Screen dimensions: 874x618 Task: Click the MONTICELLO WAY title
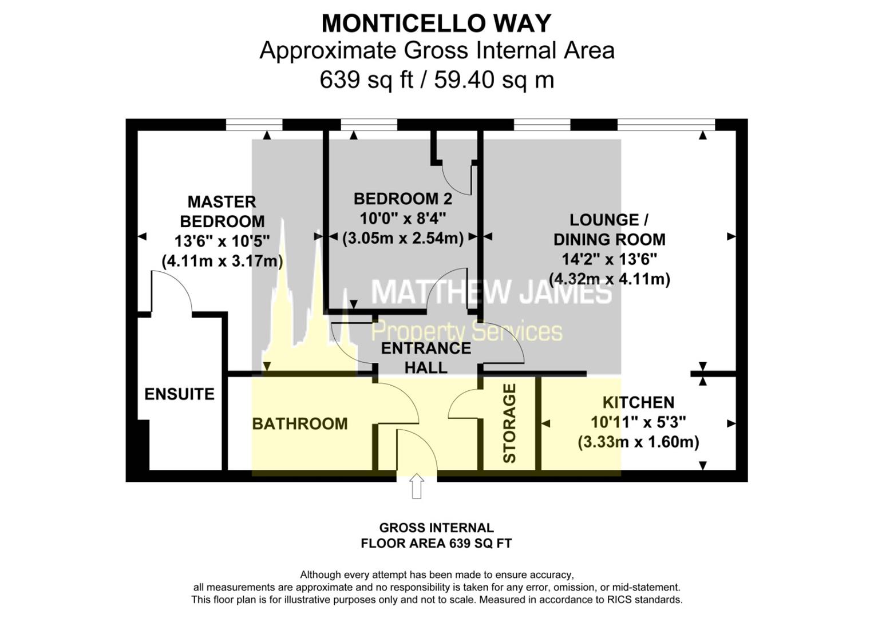[436, 23]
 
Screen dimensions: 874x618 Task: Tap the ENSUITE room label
[180, 394]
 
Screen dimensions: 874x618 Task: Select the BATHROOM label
[300, 423]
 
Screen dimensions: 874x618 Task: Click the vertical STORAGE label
[509, 423]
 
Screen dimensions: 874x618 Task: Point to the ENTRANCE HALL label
[426, 358]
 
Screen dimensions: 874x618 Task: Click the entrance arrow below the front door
[417, 486]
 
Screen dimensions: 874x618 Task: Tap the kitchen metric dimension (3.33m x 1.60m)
[638, 442]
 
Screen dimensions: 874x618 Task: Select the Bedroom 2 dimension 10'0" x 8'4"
[403, 219]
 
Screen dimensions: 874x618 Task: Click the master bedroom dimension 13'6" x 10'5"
[222, 241]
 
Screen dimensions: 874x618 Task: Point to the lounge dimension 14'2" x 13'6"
[610, 259]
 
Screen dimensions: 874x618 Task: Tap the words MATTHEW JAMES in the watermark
[492, 292]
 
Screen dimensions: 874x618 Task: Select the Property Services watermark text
[466, 331]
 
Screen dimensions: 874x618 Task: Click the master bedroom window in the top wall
[254, 125]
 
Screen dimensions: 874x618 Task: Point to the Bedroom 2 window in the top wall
[369, 125]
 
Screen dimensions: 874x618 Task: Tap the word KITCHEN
[638, 402]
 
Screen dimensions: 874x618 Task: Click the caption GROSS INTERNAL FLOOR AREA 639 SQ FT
[436, 535]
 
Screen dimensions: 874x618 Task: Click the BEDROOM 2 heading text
[403, 199]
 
